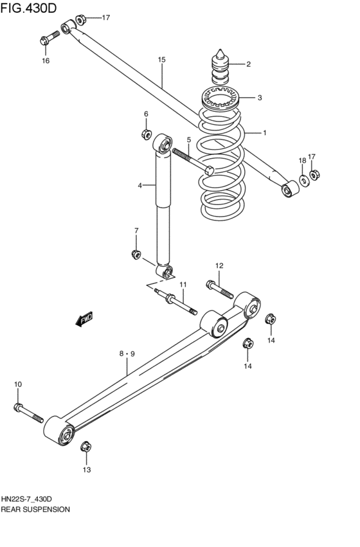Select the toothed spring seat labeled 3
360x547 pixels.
coord(221,99)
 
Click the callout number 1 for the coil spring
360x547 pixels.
coord(264,132)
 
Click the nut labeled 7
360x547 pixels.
coord(136,254)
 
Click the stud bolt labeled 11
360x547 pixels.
coord(174,302)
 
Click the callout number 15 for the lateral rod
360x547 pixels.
coord(161,60)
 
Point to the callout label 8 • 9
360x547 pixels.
coord(127,354)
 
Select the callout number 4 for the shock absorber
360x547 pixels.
coord(139,186)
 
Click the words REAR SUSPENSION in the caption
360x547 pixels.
coord(35,508)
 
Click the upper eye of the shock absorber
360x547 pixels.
coord(163,143)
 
